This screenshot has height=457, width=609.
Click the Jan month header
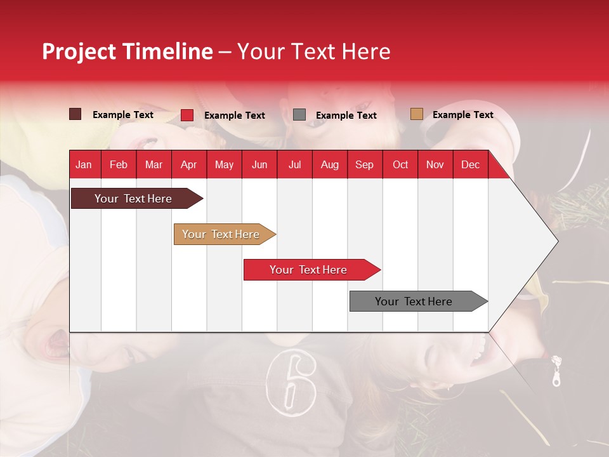(x=84, y=165)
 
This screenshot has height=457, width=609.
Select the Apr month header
(x=188, y=165)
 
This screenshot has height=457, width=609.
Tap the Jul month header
(x=294, y=165)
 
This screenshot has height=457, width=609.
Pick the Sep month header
(x=364, y=165)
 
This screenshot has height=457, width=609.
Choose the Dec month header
(x=470, y=165)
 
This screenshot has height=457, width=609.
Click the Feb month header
(x=119, y=165)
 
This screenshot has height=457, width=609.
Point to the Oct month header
(x=400, y=165)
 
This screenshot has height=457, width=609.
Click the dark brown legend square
(x=75, y=114)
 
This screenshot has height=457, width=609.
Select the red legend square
(x=187, y=115)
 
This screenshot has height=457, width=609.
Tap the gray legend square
(x=299, y=114)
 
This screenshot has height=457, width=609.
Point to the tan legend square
(x=416, y=114)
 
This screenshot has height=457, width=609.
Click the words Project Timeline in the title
(x=128, y=51)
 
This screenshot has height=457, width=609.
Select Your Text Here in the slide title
(x=314, y=51)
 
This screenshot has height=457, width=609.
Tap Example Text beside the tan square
(x=462, y=115)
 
